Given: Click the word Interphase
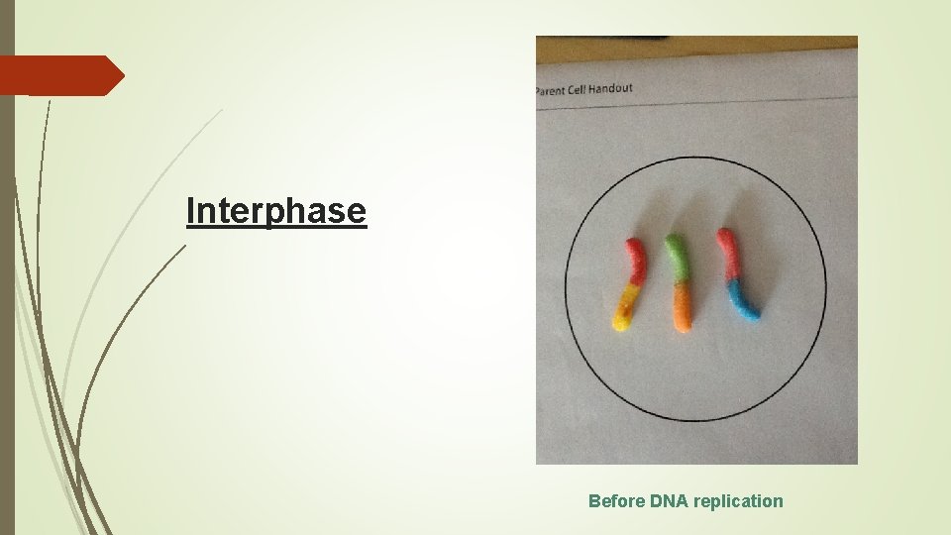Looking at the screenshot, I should (276, 211).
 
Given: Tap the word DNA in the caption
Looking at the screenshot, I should (670, 501).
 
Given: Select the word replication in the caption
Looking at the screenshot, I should (738, 501).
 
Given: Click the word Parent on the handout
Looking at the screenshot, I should (548, 90).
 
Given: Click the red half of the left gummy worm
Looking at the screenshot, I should (637, 260).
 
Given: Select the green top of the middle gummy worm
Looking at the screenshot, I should (678, 256).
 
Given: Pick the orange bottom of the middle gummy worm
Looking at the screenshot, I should (681, 307).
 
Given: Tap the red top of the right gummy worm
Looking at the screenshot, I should (729, 253).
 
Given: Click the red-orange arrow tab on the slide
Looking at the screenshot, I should (59, 75).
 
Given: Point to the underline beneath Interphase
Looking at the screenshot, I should (276, 229).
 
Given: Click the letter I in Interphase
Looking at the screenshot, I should (190, 211).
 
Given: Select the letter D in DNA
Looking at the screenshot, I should (657, 501).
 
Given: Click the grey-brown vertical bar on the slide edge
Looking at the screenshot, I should (7, 297).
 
